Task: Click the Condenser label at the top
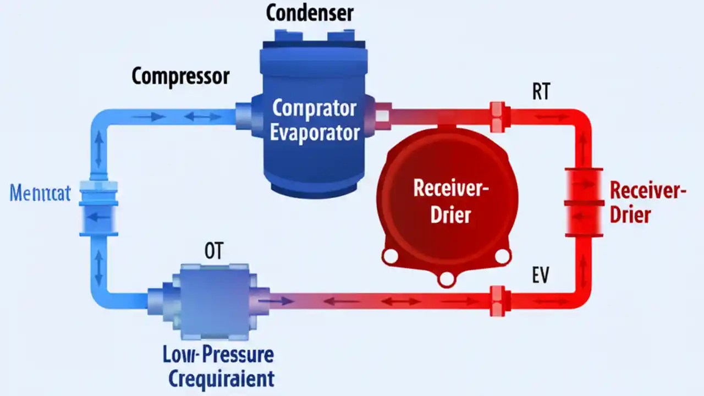[x=310, y=13]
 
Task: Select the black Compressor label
[x=180, y=76]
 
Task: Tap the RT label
[x=541, y=92]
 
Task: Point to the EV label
[x=541, y=276]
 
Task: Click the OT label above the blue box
[x=213, y=251]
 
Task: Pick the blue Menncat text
[x=40, y=194]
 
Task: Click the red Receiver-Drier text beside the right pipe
[x=648, y=202]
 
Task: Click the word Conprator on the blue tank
[x=314, y=108]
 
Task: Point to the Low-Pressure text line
[x=218, y=354]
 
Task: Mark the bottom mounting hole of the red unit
[x=447, y=279]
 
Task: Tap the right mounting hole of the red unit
[x=503, y=255]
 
